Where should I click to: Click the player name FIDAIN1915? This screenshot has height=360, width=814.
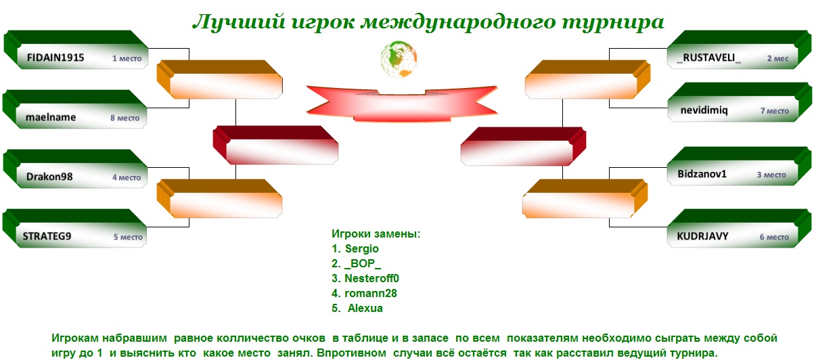pyautogui.click(x=55, y=58)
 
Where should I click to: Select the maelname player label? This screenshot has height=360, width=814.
pyautogui.click(x=51, y=117)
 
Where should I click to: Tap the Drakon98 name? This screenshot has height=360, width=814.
pyautogui.click(x=49, y=177)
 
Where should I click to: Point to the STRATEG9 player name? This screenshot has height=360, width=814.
pyautogui.click(x=47, y=236)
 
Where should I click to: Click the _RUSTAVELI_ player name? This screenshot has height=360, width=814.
pyautogui.click(x=708, y=58)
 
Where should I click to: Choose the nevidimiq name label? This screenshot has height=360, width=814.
pyautogui.click(x=704, y=110)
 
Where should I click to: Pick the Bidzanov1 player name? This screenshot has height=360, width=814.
pyautogui.click(x=702, y=174)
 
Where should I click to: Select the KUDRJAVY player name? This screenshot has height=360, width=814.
pyautogui.click(x=702, y=236)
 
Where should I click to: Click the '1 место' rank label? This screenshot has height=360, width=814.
pyautogui.click(x=127, y=58)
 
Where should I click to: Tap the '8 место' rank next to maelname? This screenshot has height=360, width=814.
pyautogui.click(x=125, y=118)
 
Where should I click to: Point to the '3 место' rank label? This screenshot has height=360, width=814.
pyautogui.click(x=771, y=175)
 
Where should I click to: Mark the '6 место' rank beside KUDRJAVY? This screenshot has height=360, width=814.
pyautogui.click(x=774, y=237)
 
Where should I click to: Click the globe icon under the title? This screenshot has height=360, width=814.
pyautogui.click(x=399, y=59)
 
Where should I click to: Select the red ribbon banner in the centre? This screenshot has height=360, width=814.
pyautogui.click(x=401, y=103)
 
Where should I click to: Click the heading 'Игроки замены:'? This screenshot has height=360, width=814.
pyautogui.click(x=376, y=233)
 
